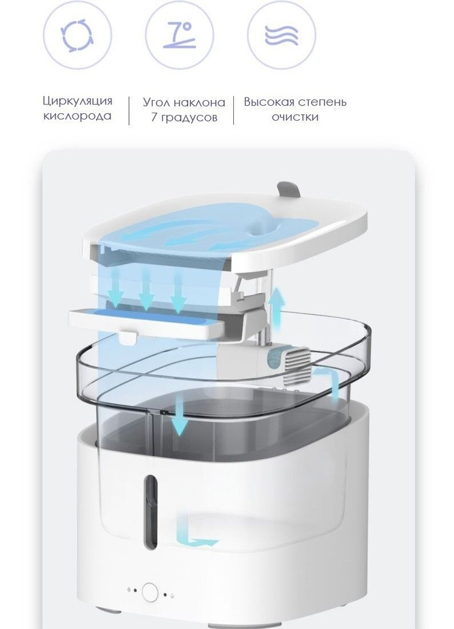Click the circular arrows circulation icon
pyautogui.click(x=77, y=35)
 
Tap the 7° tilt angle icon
pyautogui.click(x=179, y=35)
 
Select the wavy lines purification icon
pyautogui.click(x=282, y=35)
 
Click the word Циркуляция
pyautogui.click(x=77, y=101)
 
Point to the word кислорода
pyautogui.click(x=77, y=116)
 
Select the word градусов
pyautogui.click(x=189, y=118)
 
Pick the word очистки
pyautogui.click(x=295, y=117)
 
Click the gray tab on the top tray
pyautogui.click(x=289, y=190)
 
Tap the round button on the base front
pyautogui.click(x=150, y=592)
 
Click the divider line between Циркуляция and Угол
pyautogui.click(x=129, y=111)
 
